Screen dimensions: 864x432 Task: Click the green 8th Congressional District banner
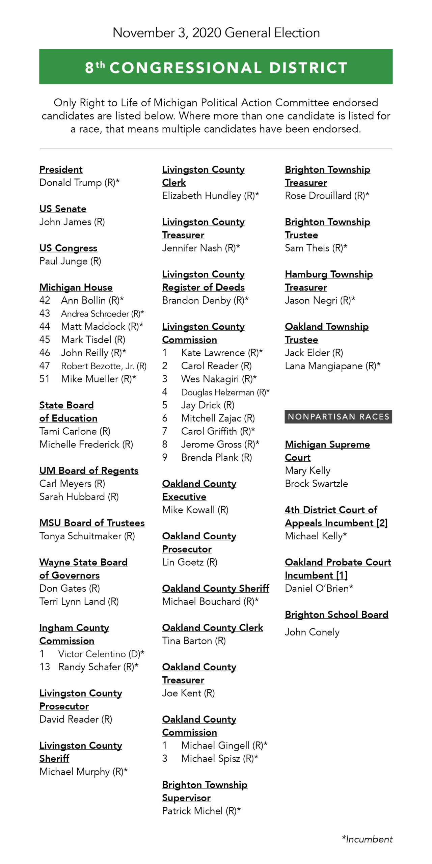(x=216, y=67)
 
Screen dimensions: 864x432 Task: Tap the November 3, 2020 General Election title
(x=216, y=33)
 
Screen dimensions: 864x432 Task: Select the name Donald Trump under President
(x=71, y=183)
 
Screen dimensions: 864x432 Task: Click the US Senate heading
(x=63, y=209)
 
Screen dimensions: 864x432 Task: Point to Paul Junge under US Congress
(x=63, y=261)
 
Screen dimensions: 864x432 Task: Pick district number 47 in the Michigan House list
(x=45, y=366)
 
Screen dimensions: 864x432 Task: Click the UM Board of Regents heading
(x=89, y=471)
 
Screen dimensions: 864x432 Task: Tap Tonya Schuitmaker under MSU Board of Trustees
(x=80, y=536)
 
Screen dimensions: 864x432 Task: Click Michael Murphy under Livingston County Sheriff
(x=75, y=772)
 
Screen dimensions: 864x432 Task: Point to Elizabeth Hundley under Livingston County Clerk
(x=201, y=196)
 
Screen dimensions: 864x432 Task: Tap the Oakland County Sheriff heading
(x=216, y=589)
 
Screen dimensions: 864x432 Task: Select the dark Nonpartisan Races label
(x=338, y=417)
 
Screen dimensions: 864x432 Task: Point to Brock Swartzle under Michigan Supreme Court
(x=316, y=484)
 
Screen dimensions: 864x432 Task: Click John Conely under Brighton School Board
(x=312, y=632)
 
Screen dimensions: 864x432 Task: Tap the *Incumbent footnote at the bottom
(x=367, y=839)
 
